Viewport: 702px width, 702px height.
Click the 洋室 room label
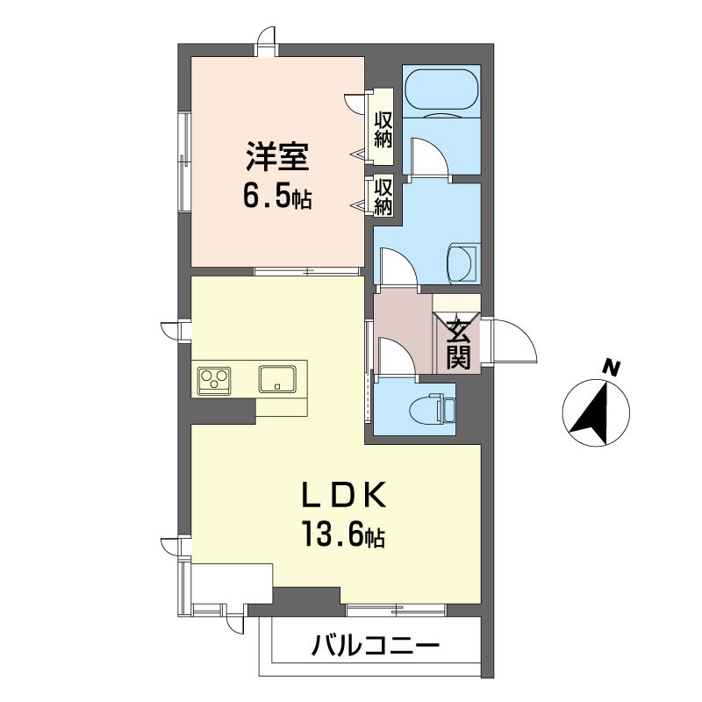pos(276,159)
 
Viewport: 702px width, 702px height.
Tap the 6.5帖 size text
pos(276,197)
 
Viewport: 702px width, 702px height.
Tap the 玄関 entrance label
pos(458,343)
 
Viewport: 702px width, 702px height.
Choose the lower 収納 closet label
pos(383,196)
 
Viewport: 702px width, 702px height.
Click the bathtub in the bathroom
pos(441,91)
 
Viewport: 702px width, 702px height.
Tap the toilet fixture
pos(434,407)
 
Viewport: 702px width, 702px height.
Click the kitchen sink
pos(279,379)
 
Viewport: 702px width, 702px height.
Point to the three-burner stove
pos(215,380)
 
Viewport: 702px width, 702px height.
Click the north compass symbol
pos(596,410)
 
